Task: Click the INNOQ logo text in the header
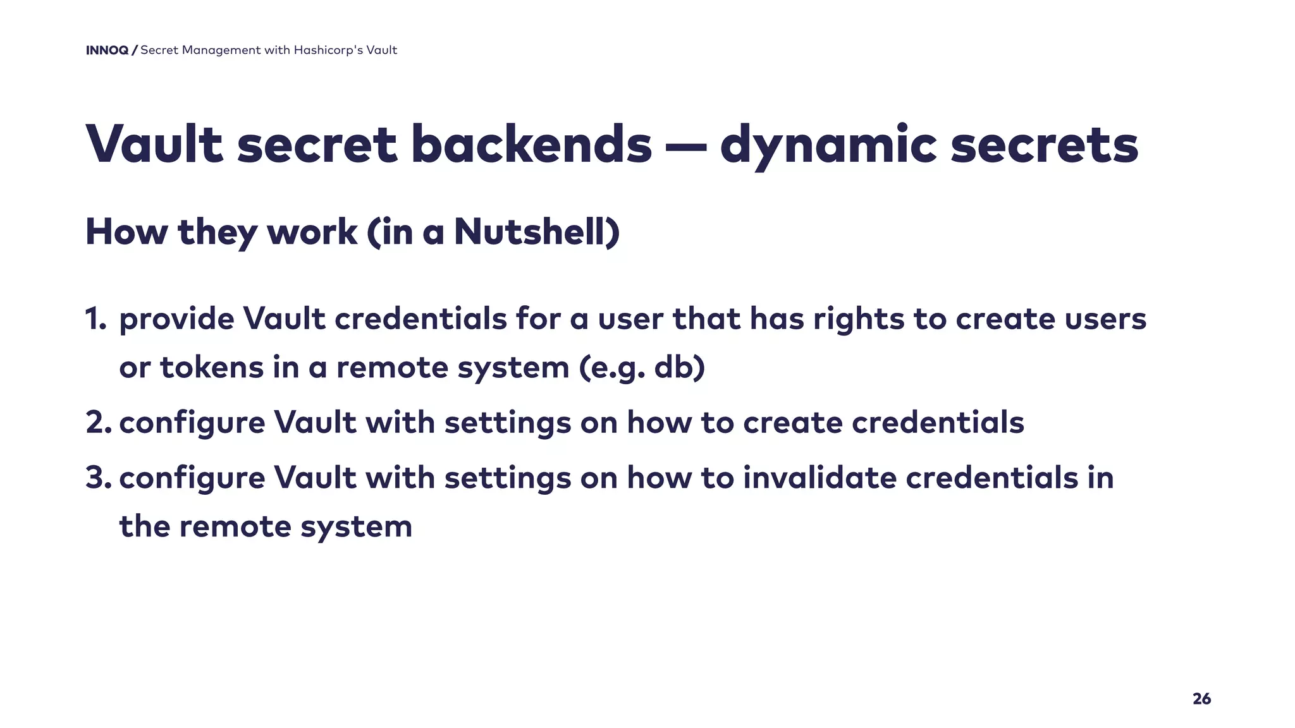tap(107, 51)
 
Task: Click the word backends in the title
tap(531, 145)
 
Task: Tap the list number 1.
tap(95, 318)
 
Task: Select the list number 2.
tap(98, 422)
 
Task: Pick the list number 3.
tap(98, 477)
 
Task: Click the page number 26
tap(1201, 698)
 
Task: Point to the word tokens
tap(212, 368)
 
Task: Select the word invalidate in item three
tap(819, 477)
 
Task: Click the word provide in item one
tap(176, 320)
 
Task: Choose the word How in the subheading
tap(126, 231)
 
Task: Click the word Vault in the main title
tap(154, 145)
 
